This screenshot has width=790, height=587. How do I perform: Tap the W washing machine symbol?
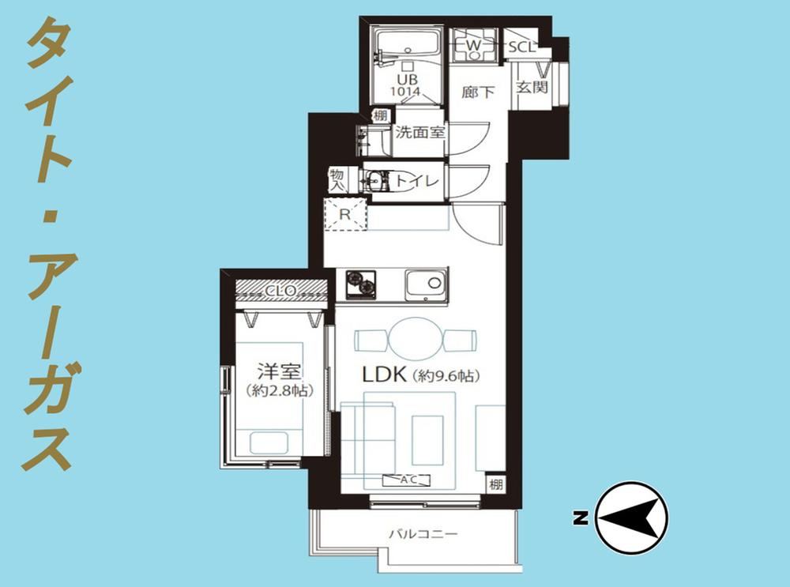click(473, 45)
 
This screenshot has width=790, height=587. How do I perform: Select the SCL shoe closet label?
click(521, 47)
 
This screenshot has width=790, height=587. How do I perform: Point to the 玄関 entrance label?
click(532, 87)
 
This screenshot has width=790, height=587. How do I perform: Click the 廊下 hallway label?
click(478, 92)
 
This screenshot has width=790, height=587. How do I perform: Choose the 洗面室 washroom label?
click(419, 133)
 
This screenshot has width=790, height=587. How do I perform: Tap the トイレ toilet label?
click(416, 181)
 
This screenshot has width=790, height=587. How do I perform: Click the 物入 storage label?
click(337, 180)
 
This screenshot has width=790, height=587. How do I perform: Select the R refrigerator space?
click(345, 214)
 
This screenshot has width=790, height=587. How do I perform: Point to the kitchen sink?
click(426, 285)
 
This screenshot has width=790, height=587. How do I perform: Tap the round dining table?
click(416, 339)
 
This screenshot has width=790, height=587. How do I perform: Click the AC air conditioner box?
click(407, 480)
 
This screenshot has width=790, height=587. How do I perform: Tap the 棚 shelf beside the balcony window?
click(496, 484)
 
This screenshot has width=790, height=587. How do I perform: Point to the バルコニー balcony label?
click(423, 533)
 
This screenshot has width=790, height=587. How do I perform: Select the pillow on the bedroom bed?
click(269, 443)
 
